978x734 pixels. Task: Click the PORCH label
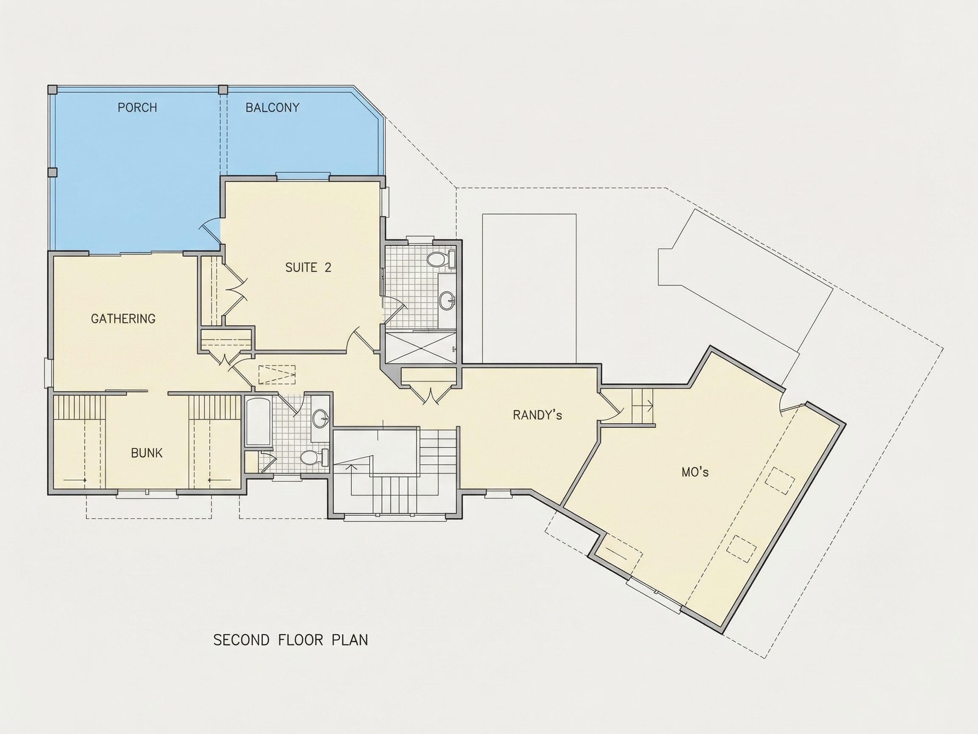137,107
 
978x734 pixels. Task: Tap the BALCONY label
273,107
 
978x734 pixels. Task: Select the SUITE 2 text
308,267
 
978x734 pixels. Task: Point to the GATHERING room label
123,319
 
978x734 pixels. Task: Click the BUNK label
147,453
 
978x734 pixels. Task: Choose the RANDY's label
537,415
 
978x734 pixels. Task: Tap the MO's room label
695,472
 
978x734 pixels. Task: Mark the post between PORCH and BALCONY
223,89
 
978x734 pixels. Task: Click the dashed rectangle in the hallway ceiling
277,375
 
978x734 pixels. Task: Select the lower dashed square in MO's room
742,549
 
